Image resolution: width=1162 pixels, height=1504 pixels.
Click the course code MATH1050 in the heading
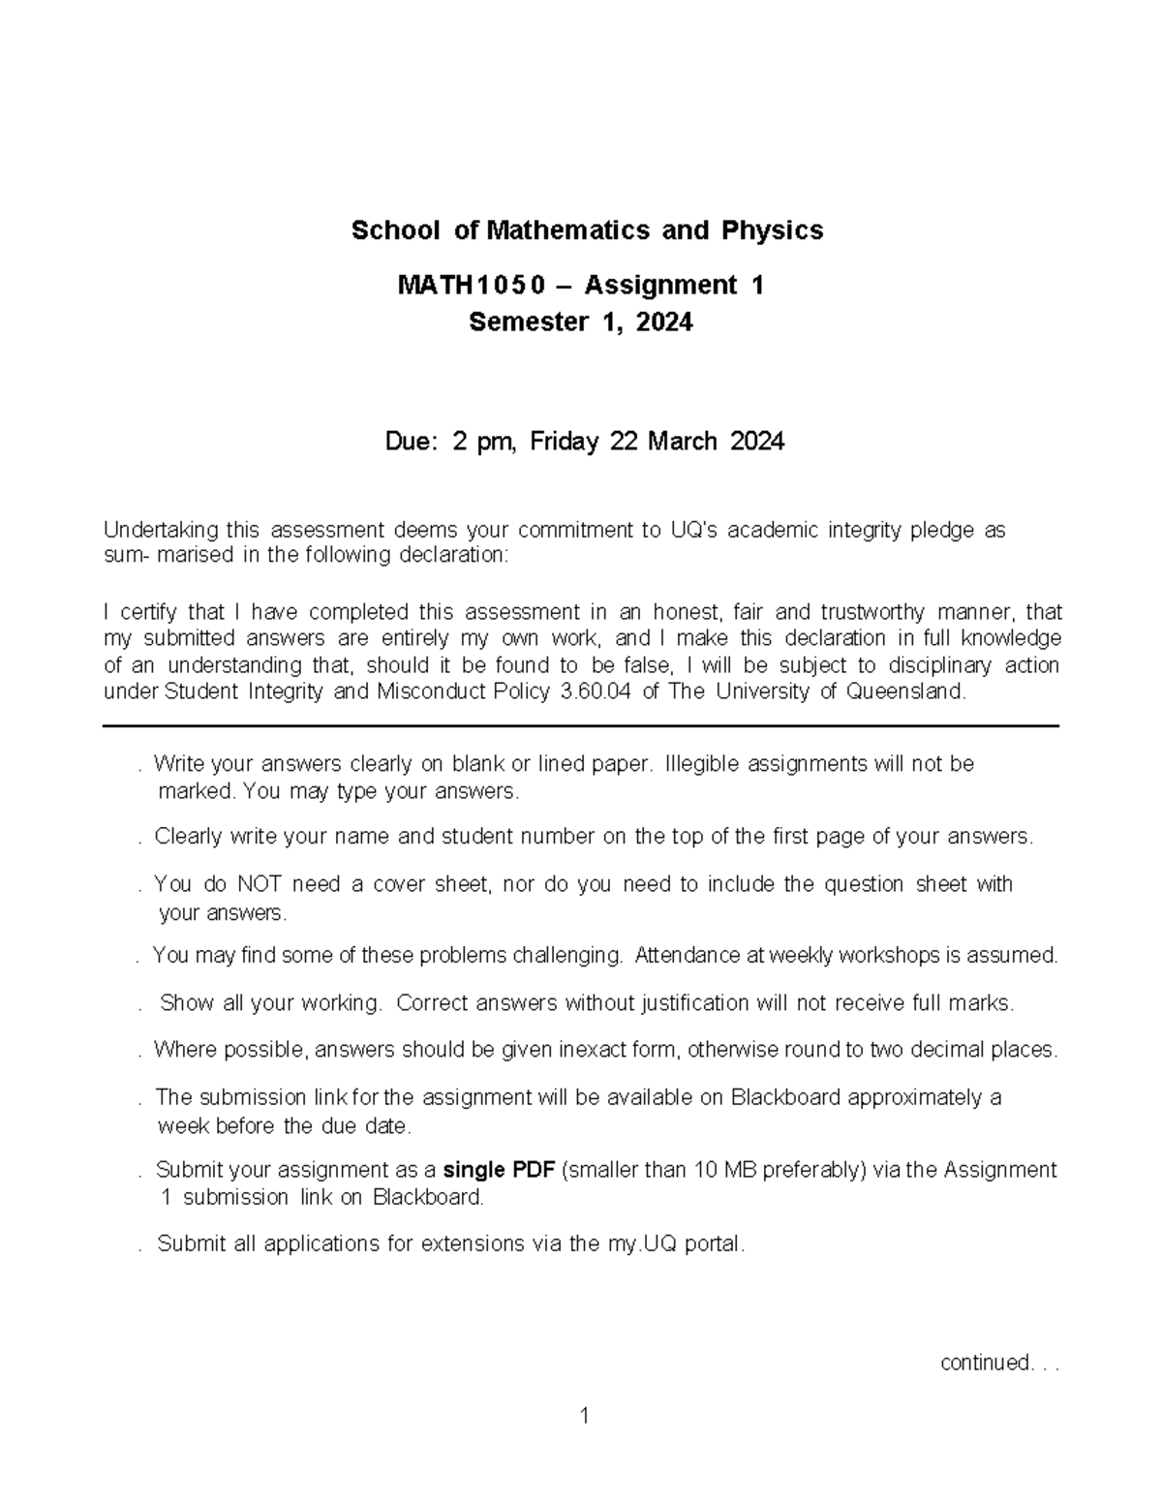[x=471, y=285]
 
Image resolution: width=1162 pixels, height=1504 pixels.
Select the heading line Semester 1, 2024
[x=581, y=322]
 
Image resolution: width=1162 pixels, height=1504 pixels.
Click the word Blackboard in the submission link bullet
[x=785, y=1097]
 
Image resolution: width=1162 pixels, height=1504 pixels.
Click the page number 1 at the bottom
[x=583, y=1417]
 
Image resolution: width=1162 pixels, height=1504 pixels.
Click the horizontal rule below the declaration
[x=581, y=725]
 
